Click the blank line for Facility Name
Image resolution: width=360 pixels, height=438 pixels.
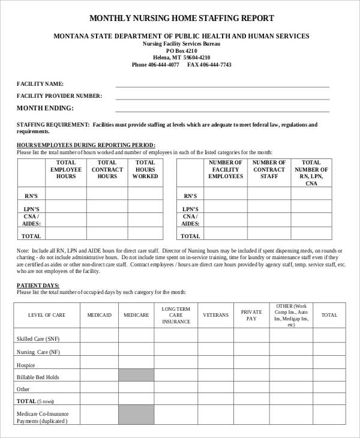[x=222, y=84]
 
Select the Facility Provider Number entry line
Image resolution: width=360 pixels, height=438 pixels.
[x=222, y=96]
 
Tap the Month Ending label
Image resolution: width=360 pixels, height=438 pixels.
[x=45, y=108]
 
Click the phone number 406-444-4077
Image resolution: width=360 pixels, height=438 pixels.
[x=155, y=65]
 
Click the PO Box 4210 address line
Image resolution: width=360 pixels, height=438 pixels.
[x=181, y=51]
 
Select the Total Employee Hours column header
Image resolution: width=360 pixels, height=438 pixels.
[x=66, y=170]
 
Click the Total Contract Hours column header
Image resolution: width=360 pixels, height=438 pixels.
[x=107, y=170]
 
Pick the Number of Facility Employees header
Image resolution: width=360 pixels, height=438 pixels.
[x=225, y=170]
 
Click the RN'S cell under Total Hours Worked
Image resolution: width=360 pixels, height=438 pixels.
[x=145, y=196]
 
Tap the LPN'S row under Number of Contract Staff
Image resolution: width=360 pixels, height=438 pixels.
[x=269, y=208]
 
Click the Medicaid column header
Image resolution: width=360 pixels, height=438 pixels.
[x=99, y=315]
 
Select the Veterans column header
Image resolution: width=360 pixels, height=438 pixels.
[x=215, y=315]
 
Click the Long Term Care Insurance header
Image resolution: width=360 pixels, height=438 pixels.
[x=176, y=315]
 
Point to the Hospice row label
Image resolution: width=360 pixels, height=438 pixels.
[x=25, y=365]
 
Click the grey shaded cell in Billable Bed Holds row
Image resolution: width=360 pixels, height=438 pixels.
[x=136, y=377]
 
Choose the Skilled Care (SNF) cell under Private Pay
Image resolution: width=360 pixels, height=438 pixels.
[x=251, y=339]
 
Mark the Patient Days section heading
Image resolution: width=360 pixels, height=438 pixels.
[x=38, y=286]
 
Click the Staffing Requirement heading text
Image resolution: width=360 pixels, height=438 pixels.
[x=53, y=125]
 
